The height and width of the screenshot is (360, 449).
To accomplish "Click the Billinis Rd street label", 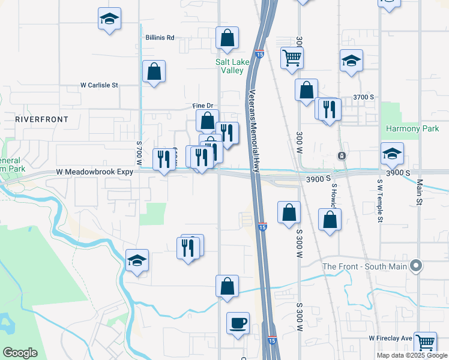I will click(x=159, y=37).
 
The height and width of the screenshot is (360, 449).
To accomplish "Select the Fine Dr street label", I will click(x=203, y=106).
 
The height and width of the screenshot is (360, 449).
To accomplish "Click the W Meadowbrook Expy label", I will click(x=94, y=172).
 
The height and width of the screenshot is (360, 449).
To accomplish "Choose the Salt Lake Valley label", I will click(x=230, y=66).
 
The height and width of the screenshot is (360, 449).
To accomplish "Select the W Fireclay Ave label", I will click(x=391, y=339).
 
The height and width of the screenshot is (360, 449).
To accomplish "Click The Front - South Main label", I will click(x=364, y=266).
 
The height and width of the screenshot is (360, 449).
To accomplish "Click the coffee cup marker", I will click(x=238, y=323).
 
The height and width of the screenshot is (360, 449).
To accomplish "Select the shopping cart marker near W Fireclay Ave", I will click(x=425, y=342).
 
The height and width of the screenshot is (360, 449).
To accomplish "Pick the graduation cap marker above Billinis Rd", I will click(x=109, y=19).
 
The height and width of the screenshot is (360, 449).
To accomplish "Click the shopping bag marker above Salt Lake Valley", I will click(x=227, y=38).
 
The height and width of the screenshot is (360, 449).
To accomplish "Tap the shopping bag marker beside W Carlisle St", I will click(x=154, y=71).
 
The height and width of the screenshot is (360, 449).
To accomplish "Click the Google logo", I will click(x=20, y=353).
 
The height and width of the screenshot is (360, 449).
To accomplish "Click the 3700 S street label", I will click(x=364, y=97).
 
